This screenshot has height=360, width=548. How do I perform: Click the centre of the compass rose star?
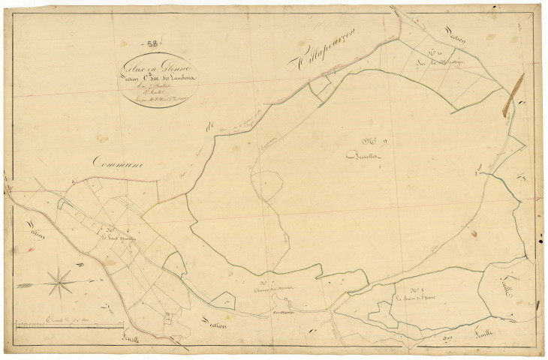point(59,283)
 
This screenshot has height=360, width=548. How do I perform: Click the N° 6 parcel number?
point(110,230)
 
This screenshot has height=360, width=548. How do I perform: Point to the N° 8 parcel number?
point(414,290)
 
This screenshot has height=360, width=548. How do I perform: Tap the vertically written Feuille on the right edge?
point(505,285)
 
